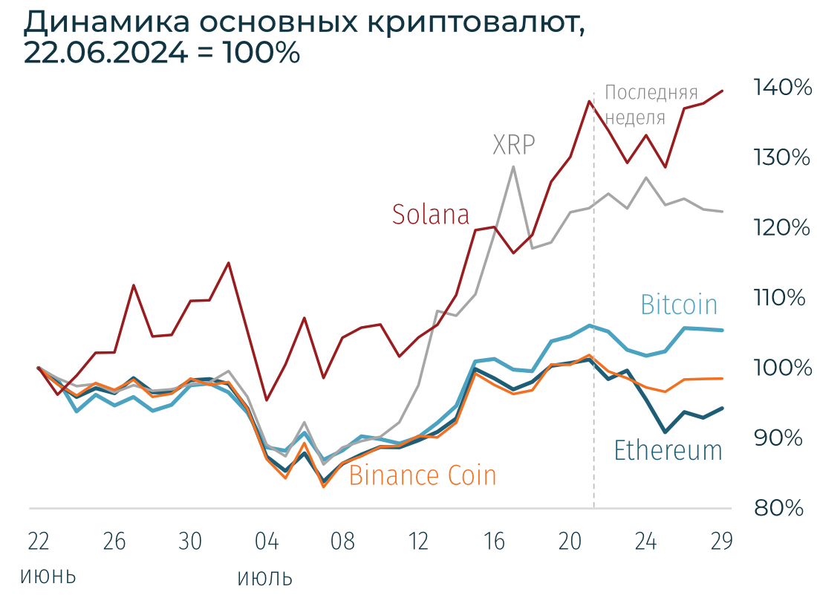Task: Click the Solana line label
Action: coord(431,215)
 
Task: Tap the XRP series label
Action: coord(514,144)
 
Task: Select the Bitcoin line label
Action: coord(679,305)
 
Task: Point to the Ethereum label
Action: coord(668,450)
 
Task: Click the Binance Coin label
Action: coord(422,475)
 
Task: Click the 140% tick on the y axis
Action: coord(782,88)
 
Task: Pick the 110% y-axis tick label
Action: coord(780,299)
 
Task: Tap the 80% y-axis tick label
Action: coord(780,509)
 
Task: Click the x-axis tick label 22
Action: coord(38,542)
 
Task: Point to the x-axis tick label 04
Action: coord(267,542)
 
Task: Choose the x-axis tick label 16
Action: coord(495,542)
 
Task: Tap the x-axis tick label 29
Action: coord(721,542)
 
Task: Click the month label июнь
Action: coord(48,576)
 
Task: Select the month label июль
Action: coord(265,576)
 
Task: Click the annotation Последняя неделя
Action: coord(651,105)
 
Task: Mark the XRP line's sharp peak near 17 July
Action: coord(513,166)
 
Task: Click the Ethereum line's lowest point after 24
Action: coord(665,432)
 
